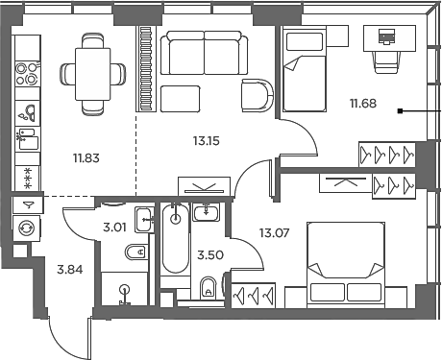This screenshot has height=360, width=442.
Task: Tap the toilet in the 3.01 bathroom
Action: (135, 252)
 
